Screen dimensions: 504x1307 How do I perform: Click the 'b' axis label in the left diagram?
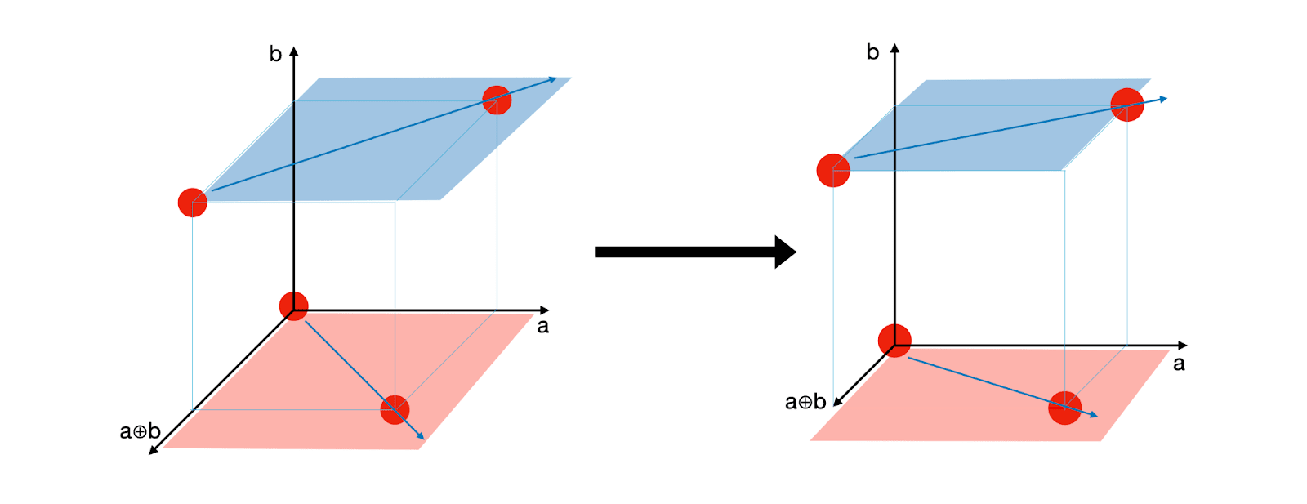(275, 55)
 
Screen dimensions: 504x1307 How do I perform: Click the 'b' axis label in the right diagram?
(872, 53)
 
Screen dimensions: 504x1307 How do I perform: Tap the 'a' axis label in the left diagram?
(543, 327)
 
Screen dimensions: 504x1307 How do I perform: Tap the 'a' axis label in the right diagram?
(1179, 364)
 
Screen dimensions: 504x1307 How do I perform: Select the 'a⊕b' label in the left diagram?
(140, 431)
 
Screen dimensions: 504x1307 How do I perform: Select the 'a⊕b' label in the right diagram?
(805, 402)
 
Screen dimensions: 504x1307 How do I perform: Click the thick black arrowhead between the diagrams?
(785, 252)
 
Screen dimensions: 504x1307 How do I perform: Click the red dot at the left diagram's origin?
(293, 306)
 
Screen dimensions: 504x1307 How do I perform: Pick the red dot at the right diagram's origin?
(894, 341)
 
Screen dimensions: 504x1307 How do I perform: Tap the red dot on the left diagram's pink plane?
(395, 409)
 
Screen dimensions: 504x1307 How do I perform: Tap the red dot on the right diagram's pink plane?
(1065, 408)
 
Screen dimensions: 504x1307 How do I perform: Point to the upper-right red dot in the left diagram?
(497, 100)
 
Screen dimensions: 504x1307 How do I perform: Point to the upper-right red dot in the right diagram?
(1127, 105)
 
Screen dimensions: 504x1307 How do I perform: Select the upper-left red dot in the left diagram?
(193, 202)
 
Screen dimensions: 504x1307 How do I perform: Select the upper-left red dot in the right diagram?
(833, 171)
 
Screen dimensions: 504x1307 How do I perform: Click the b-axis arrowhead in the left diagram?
(294, 51)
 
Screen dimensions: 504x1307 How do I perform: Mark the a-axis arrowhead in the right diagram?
(1183, 346)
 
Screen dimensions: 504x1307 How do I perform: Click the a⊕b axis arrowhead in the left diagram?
(153, 449)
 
